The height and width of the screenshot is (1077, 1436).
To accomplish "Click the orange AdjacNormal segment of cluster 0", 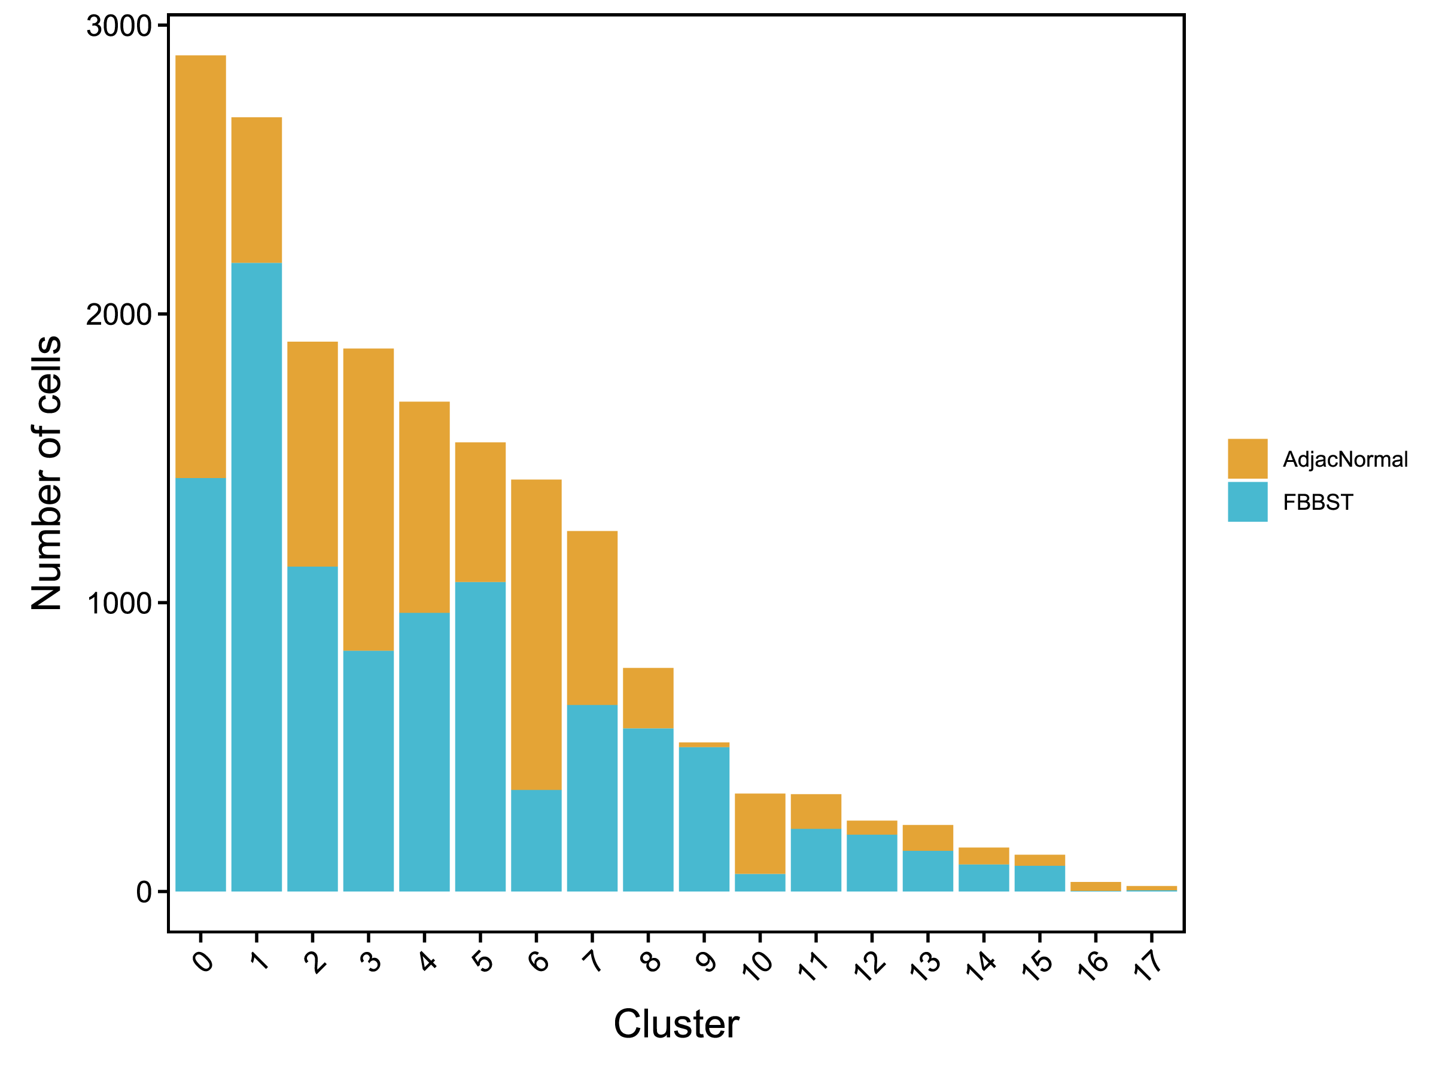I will (200, 266).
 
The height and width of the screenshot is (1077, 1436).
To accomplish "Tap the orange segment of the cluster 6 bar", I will (536, 634).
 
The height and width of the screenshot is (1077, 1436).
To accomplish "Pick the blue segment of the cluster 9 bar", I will (704, 819).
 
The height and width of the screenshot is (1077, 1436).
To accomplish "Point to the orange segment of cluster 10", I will (759, 833).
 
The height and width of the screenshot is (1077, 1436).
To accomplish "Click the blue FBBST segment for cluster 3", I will (368, 771).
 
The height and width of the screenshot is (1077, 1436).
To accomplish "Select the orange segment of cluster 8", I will (648, 698).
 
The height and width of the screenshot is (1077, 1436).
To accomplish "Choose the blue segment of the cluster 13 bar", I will (927, 871).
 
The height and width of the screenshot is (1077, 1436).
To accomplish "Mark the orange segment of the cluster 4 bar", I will (424, 507).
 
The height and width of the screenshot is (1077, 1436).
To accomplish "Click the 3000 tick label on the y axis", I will (119, 26).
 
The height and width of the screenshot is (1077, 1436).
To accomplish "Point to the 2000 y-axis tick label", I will (119, 315).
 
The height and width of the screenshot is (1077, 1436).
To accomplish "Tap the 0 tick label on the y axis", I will (144, 892).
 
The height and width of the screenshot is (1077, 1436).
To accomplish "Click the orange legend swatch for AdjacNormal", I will (1247, 458).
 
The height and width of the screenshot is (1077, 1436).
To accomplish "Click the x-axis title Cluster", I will (676, 1024).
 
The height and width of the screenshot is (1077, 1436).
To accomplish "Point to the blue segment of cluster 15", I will (1039, 878).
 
